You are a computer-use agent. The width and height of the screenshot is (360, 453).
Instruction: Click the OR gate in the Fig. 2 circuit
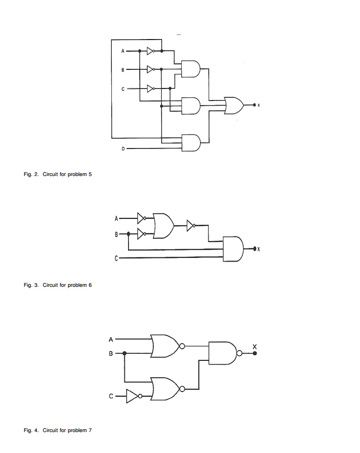tap(233, 106)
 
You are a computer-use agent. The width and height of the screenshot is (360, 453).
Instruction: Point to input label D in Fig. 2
tap(123, 149)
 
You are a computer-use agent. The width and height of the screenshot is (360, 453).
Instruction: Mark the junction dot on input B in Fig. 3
tap(128, 233)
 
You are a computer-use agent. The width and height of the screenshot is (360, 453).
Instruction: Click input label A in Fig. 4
tap(111, 338)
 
